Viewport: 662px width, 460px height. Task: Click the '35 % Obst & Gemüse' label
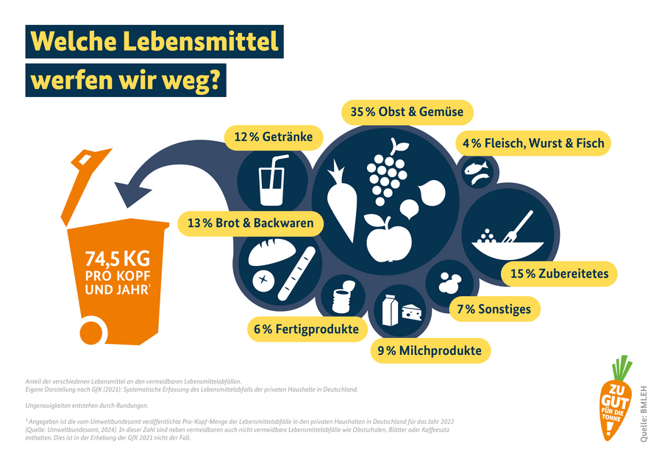pos(407,112)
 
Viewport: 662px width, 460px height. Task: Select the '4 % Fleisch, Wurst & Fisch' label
pos(533,143)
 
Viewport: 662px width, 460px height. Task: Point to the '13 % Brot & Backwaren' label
pos(250,223)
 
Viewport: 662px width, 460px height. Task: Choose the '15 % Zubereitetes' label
pos(560,274)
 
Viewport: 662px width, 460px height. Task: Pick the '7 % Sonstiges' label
pos(494,309)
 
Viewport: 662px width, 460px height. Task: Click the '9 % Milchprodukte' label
pos(430,351)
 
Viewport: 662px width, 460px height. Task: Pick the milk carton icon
pos(389,309)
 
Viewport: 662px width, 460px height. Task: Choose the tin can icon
pos(342,298)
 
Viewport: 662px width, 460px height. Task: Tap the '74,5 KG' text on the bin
pos(118,259)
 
